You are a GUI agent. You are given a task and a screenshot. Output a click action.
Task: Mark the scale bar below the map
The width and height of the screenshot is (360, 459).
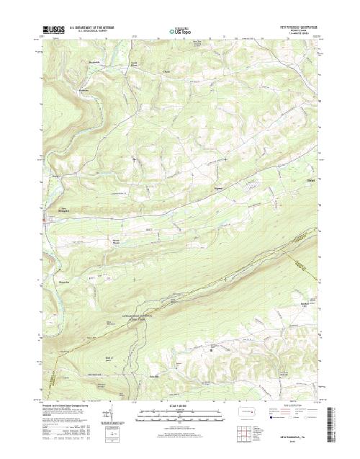180,415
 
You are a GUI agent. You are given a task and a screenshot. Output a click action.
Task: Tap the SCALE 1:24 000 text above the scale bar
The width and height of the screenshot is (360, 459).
180,407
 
